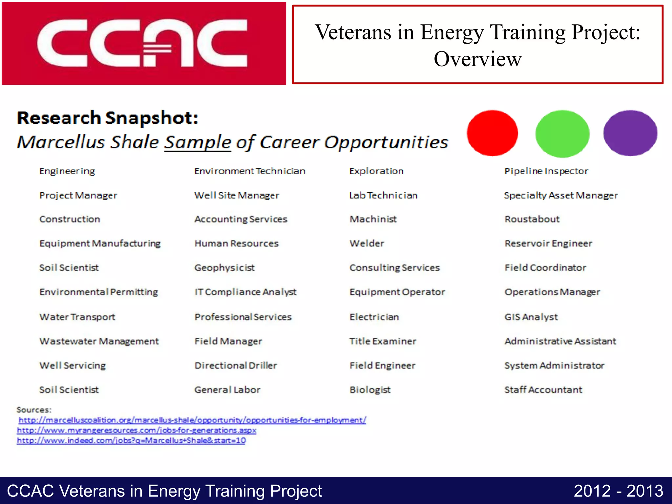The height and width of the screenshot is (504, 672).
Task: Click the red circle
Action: coord(492,133)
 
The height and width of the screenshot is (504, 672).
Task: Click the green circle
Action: coord(562,134)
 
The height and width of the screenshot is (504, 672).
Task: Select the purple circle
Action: coord(630,133)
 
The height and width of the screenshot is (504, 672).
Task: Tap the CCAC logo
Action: coord(144,44)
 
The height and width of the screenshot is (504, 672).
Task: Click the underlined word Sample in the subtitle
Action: coord(198,142)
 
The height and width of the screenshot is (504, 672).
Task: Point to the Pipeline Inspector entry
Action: coord(546,171)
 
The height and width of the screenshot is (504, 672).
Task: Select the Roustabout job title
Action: coord(532,219)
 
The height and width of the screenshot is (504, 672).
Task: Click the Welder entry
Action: coord(367,243)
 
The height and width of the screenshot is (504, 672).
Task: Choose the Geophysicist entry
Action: coord(224,268)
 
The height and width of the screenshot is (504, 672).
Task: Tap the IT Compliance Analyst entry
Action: coord(245,292)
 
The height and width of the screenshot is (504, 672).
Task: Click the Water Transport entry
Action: coord(77,317)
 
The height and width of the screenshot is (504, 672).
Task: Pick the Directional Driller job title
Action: coord(236,366)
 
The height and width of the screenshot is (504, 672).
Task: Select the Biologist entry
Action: coord(370,390)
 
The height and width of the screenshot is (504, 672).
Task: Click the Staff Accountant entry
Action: coord(543,390)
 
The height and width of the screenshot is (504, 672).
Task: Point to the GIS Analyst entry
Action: coord(531,317)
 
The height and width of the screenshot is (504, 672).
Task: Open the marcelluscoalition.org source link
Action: coord(192,420)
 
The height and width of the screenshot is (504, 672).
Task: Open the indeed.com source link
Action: coord(131,440)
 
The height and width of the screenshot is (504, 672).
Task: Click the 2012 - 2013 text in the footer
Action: coord(618,491)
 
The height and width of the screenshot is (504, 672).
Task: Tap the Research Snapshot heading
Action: coord(108,118)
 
